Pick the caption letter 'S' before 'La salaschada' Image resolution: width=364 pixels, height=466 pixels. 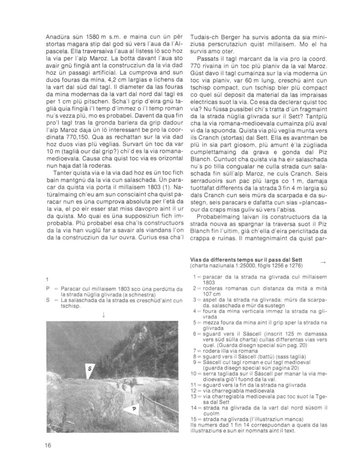(48, 301)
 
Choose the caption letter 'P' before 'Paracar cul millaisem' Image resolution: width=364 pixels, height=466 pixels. (48, 289)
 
